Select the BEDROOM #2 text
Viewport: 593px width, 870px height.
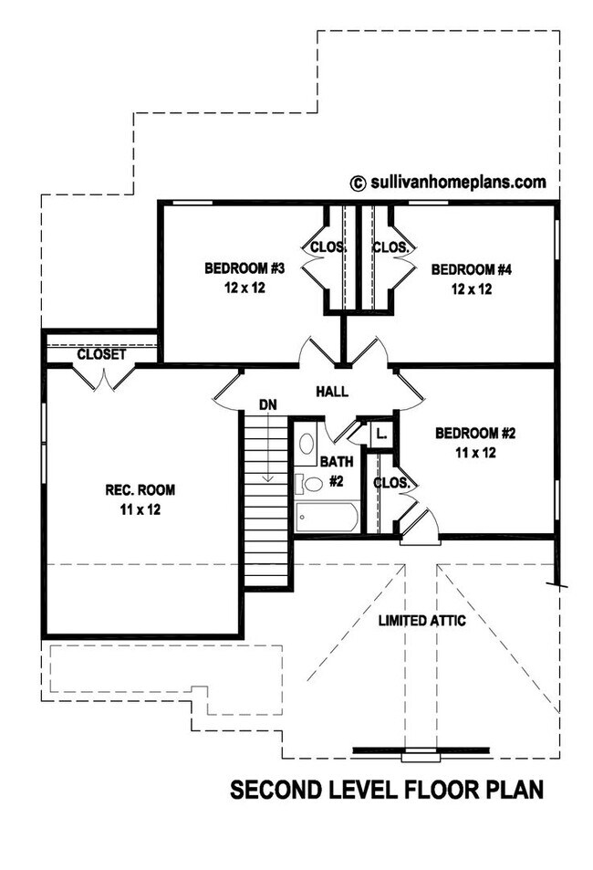(x=475, y=433)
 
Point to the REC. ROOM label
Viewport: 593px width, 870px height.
(x=140, y=490)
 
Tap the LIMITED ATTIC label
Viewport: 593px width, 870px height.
(x=422, y=621)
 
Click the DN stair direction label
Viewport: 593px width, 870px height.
(x=268, y=404)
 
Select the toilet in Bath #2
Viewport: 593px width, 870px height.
(x=309, y=483)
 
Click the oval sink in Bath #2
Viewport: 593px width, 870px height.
(x=307, y=445)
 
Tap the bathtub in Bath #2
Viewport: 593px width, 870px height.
(x=327, y=518)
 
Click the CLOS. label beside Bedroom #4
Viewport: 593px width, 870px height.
(x=389, y=246)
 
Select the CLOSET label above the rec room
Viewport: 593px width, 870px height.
(x=101, y=354)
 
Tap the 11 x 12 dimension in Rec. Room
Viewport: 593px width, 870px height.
(x=140, y=510)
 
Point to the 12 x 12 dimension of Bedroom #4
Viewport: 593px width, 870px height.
(x=472, y=289)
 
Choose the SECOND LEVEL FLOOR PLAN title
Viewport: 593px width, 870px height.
(x=387, y=789)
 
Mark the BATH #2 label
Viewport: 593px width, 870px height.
(x=335, y=472)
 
